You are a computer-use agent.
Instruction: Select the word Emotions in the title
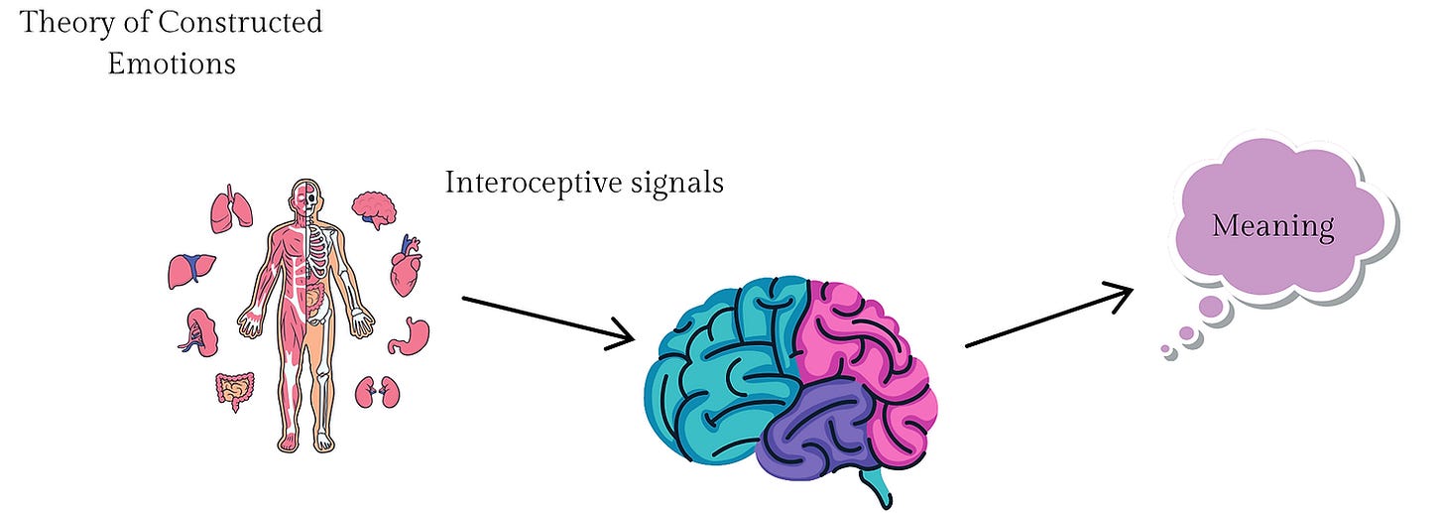pyautogui.click(x=172, y=64)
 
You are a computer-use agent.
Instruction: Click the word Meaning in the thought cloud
pyautogui.click(x=1272, y=226)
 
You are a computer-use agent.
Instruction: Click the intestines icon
pyautogui.click(x=235, y=391)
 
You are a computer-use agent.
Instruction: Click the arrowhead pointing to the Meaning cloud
pyautogui.click(x=1119, y=295)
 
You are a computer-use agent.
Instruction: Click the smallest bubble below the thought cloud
pyautogui.click(x=1165, y=349)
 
